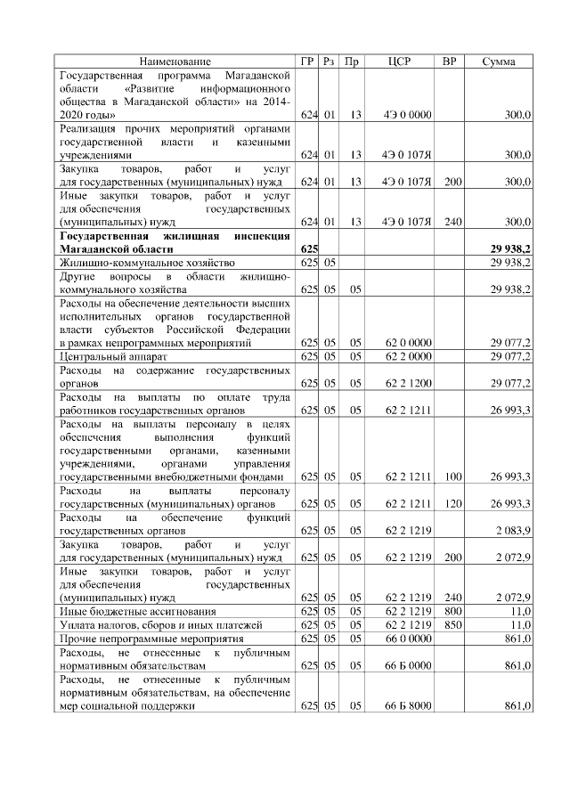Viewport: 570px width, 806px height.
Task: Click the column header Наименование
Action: pos(175,61)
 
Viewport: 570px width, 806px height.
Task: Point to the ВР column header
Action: pos(452,61)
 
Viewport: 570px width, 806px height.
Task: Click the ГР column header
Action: pos(309,61)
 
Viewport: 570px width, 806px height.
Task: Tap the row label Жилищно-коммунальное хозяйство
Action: pos(146,264)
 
